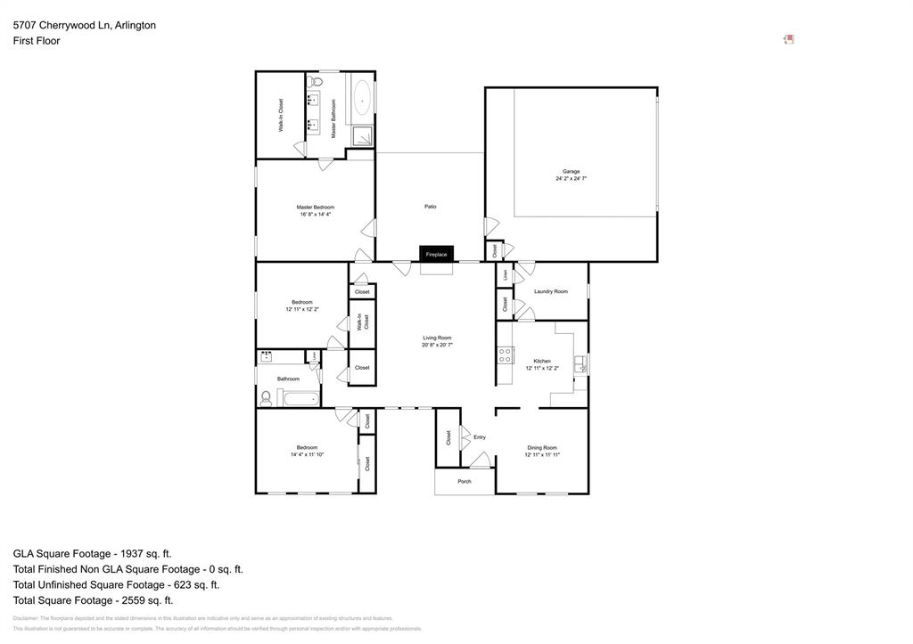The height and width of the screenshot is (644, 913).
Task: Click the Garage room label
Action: (571, 171)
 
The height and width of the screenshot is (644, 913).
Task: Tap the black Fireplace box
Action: (436, 255)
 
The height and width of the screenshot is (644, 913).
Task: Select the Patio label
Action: (430, 207)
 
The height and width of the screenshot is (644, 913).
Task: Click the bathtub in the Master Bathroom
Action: (361, 100)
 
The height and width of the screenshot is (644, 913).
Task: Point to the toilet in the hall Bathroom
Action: (266, 398)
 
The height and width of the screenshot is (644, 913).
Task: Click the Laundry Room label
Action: (550, 291)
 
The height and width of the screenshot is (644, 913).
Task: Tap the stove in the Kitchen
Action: (505, 355)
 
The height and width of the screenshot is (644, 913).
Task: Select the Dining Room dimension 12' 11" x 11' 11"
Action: (541, 454)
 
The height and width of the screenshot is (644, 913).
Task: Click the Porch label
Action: (464, 481)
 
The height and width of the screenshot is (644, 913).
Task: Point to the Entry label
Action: (480, 437)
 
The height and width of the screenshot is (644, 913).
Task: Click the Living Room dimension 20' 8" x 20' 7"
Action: (437, 345)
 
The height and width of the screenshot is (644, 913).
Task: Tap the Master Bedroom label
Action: (315, 208)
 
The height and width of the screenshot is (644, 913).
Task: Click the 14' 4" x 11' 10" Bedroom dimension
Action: (307, 454)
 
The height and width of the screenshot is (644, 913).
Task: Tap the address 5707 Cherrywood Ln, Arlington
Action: (85, 25)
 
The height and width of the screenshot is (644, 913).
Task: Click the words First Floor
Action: (37, 41)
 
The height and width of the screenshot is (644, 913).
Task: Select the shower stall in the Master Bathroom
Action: (361, 135)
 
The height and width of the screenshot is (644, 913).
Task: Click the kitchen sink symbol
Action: (580, 363)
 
